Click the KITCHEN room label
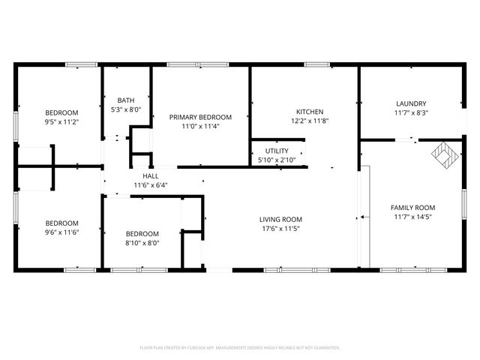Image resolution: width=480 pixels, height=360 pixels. click(x=309, y=111)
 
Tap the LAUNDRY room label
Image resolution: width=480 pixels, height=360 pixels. click(x=411, y=103)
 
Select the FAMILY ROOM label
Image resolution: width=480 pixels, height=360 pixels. click(x=412, y=208)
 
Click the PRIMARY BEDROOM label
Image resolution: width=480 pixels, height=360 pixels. click(x=200, y=117)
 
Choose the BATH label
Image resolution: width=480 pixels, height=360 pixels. click(x=126, y=100)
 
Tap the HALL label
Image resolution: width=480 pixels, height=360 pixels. click(x=151, y=175)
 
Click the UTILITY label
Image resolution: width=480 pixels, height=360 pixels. click(x=276, y=151)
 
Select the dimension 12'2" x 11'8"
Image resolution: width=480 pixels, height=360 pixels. click(x=309, y=120)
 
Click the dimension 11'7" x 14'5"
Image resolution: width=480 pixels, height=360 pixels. click(x=412, y=217)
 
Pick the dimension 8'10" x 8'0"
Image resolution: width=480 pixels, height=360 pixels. click(x=142, y=242)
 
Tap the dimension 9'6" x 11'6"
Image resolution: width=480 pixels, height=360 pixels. click(x=61, y=232)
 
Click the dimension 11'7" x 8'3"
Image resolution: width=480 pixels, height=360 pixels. click(x=411, y=112)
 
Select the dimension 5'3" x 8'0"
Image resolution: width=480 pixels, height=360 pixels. click(x=126, y=109)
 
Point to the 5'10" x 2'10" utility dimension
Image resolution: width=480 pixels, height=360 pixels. click(x=276, y=160)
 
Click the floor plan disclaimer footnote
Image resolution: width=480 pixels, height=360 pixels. click(x=240, y=348)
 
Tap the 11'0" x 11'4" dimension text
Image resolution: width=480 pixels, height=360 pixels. click(x=200, y=126)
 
